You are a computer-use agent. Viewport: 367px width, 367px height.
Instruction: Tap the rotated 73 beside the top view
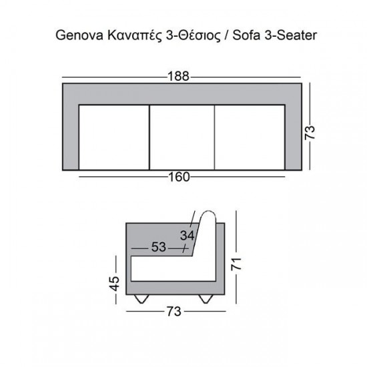click(310, 126)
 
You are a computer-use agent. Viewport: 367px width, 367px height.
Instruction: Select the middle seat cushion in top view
click(181, 137)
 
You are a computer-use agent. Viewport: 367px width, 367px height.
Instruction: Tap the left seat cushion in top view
click(113, 137)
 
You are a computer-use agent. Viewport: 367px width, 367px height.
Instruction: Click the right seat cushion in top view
click(249, 137)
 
